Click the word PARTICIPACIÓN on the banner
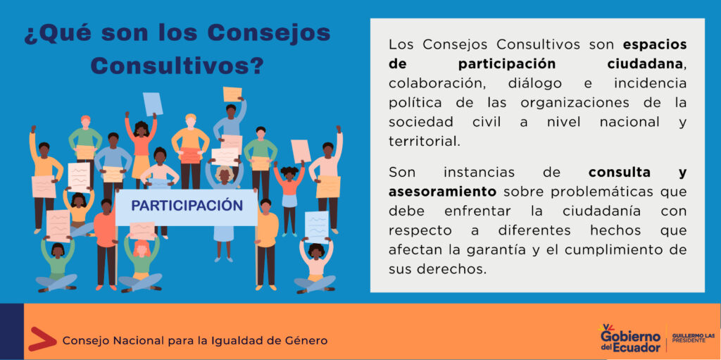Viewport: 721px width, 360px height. pyautogui.click(x=187, y=205)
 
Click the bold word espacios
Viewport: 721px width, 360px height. pyautogui.click(x=655, y=44)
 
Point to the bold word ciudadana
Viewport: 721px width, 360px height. pyautogui.click(x=646, y=64)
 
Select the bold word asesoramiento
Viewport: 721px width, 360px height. pyautogui.click(x=442, y=191)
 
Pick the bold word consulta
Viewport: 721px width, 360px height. pyautogui.click(x=620, y=173)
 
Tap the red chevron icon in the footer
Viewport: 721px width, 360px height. pyautogui.click(x=42, y=339)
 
